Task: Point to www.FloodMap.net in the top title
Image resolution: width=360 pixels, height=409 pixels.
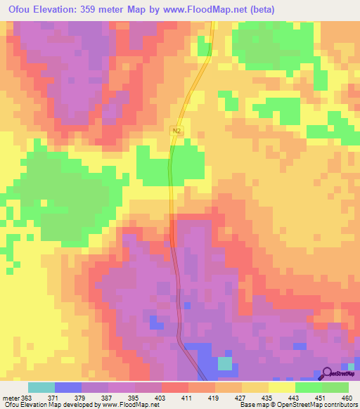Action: point(210,10)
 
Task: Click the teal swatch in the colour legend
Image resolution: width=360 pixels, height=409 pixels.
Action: point(41,387)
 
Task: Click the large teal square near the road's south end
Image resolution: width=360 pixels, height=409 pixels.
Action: point(224,363)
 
